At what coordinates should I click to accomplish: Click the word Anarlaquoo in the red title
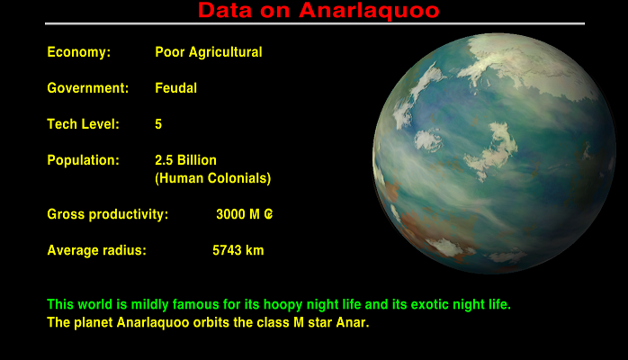[x=369, y=11]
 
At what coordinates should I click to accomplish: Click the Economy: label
[x=79, y=52]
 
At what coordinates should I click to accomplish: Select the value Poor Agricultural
[x=209, y=52]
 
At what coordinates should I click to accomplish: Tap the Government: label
[x=88, y=88]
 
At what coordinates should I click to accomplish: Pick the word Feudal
[x=175, y=88]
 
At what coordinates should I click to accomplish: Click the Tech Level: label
[x=84, y=124]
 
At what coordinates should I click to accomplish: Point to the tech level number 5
[x=158, y=124]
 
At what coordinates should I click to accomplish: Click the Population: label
[x=84, y=160]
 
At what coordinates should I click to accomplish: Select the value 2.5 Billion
[x=186, y=160]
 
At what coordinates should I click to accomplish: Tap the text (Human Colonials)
[x=213, y=178]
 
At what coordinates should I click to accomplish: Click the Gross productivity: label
[x=108, y=214]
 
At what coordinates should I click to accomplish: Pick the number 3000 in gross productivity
[x=231, y=214]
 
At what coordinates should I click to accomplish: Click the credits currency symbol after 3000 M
[x=268, y=214]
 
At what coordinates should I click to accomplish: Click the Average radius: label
[x=97, y=250]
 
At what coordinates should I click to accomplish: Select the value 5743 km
[x=238, y=250]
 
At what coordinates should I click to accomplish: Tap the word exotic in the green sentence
[x=430, y=304]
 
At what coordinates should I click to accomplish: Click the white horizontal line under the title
[x=315, y=23]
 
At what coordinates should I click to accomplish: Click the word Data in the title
[x=225, y=11]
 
